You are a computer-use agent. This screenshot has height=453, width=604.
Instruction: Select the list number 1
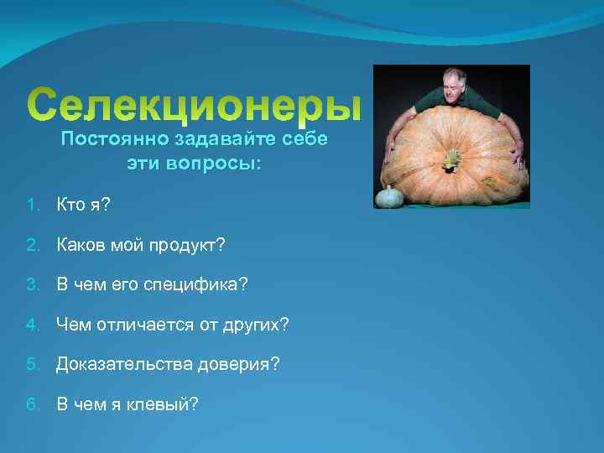[x=31, y=205]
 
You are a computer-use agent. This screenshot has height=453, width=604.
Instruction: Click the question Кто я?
[x=82, y=205]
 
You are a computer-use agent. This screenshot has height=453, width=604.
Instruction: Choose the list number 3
[x=31, y=285]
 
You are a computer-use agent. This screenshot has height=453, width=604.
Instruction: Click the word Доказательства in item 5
[x=123, y=364]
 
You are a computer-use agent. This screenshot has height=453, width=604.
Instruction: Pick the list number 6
[x=31, y=404]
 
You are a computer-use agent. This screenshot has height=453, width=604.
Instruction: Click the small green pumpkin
[x=388, y=197]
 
